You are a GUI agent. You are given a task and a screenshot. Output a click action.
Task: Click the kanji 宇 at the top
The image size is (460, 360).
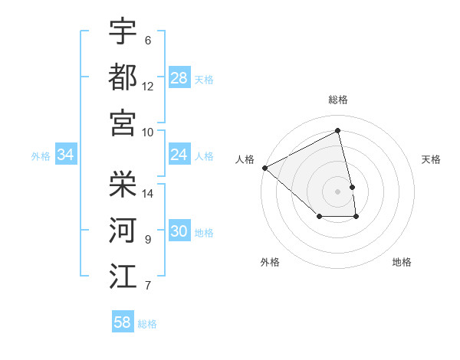[123, 31]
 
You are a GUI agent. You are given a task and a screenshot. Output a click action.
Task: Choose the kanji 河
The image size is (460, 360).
[123, 230]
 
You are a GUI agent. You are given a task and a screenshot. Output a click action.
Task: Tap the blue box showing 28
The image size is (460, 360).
[179, 78]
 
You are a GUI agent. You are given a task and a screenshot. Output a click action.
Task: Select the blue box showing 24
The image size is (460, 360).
[179, 155]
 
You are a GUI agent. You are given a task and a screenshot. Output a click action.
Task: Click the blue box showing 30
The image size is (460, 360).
[179, 231]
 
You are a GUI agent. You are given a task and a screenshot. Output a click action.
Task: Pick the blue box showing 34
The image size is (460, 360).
[66, 155]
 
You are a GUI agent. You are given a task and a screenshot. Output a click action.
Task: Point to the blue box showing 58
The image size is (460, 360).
[123, 322]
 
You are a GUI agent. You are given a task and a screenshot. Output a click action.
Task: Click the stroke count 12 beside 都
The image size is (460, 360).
[148, 86]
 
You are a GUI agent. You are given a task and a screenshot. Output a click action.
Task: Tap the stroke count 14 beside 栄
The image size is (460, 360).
[148, 193]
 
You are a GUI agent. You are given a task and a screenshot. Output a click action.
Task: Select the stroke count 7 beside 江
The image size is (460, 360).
[148, 286]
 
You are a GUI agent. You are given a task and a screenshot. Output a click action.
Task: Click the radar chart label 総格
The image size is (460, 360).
[338, 100]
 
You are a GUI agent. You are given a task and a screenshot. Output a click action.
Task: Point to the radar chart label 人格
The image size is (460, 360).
[245, 159]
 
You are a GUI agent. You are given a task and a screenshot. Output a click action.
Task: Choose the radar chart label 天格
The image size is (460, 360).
[431, 159]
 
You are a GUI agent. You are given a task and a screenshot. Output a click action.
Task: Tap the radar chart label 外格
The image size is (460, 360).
[270, 262]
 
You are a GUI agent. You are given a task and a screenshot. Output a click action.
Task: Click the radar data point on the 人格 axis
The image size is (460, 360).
[264, 168]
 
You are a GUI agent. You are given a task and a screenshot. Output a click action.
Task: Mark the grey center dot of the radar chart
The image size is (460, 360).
[338, 191]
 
